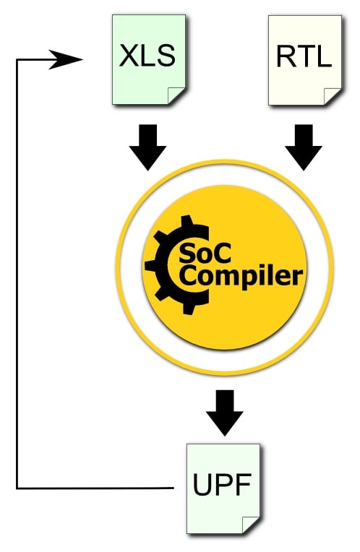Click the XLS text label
147,56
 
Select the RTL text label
304,56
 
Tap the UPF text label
222,484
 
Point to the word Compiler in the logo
241,276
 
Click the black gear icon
173,264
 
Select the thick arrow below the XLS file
147,147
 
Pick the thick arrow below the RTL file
304,147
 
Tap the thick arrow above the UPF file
224,413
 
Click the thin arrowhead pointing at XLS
65,59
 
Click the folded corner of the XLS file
176,95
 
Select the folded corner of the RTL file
333,96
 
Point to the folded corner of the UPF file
251,525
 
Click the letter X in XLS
128,56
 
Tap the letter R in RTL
286,56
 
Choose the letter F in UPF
244,484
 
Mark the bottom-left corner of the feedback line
17,488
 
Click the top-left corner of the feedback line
17,60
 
